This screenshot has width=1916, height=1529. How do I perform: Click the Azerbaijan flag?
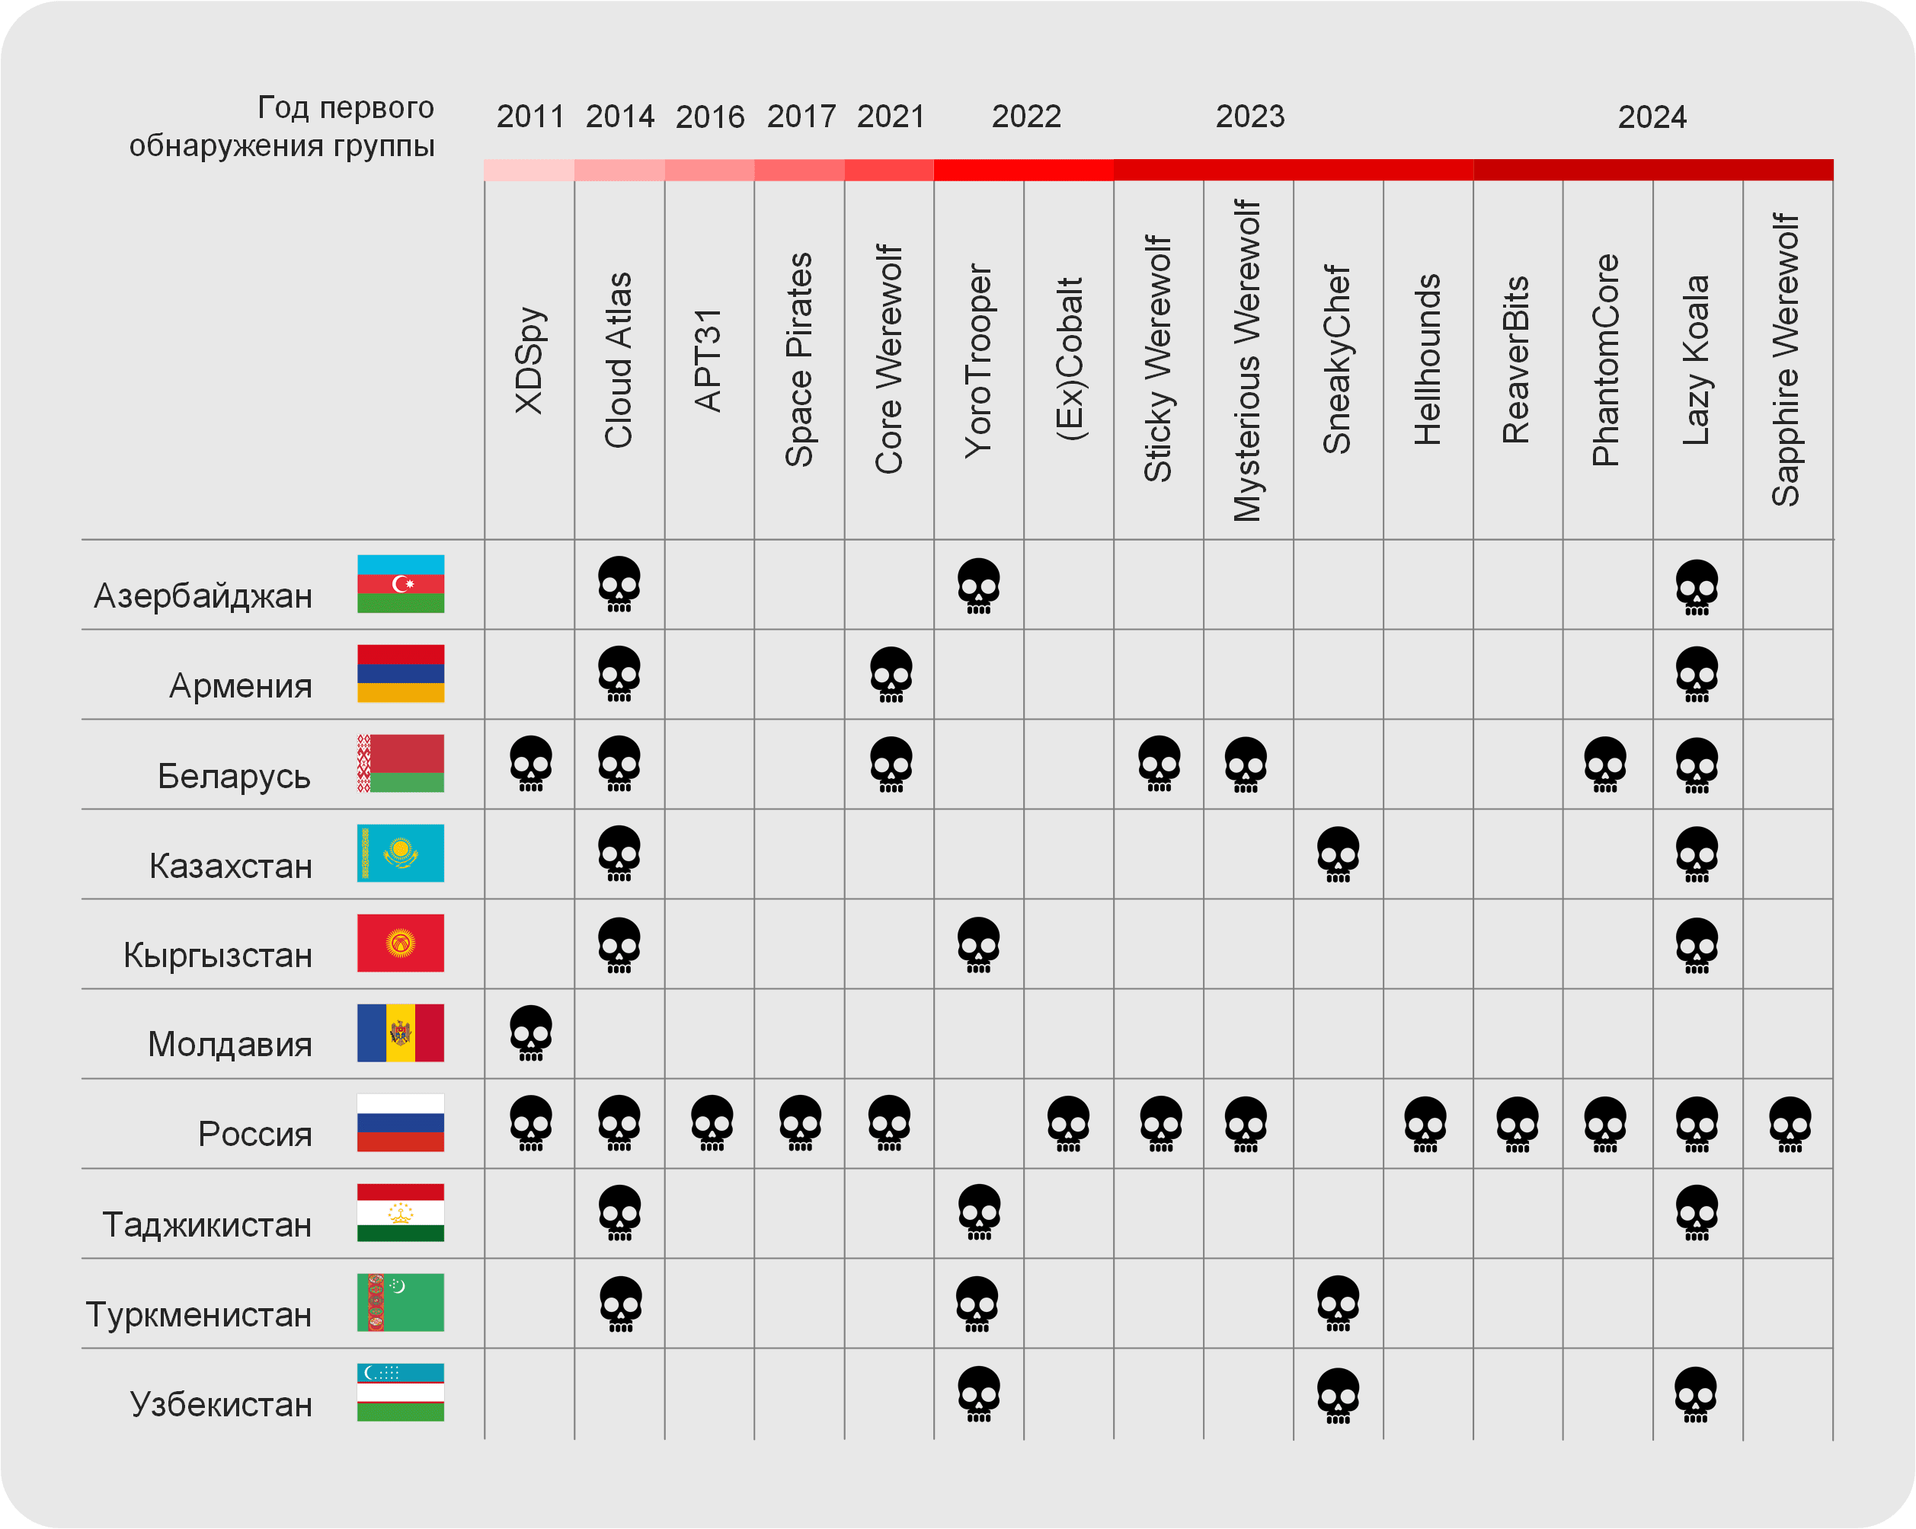(400, 584)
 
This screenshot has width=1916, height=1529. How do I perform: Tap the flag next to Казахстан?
(400, 853)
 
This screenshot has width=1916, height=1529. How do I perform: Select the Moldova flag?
(400, 1033)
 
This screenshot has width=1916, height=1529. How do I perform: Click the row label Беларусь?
(234, 776)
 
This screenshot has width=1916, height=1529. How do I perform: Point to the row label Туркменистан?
(199, 1314)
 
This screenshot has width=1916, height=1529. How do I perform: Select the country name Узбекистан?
(221, 1403)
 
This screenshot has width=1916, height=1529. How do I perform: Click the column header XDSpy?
(529, 360)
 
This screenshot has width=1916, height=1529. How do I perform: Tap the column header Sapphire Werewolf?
(1786, 360)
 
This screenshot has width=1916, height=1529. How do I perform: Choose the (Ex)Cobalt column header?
(1069, 360)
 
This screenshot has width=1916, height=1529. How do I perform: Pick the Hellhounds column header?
(1427, 360)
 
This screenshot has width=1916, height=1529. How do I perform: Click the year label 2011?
(529, 117)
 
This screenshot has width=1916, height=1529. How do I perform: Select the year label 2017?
(801, 117)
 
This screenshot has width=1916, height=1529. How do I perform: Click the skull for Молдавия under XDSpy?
(530, 1033)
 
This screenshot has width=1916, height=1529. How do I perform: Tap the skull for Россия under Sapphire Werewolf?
(1789, 1124)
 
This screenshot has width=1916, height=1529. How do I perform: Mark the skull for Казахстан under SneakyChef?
(1338, 854)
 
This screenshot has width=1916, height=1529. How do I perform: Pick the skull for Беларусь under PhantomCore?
(1605, 764)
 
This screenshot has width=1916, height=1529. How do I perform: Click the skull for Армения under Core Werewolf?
(891, 675)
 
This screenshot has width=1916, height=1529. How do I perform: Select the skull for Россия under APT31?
(712, 1123)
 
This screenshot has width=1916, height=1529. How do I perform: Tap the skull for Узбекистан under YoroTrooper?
(978, 1393)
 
